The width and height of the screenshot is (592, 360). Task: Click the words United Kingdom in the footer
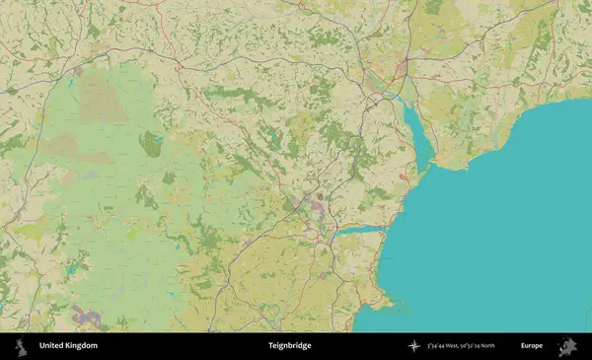point(68,346)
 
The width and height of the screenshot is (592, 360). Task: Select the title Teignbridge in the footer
point(288,346)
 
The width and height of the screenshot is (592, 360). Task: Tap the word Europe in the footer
point(532,346)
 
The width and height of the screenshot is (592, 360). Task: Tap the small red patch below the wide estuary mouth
point(404,177)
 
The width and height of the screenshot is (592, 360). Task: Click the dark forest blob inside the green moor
point(150,145)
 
